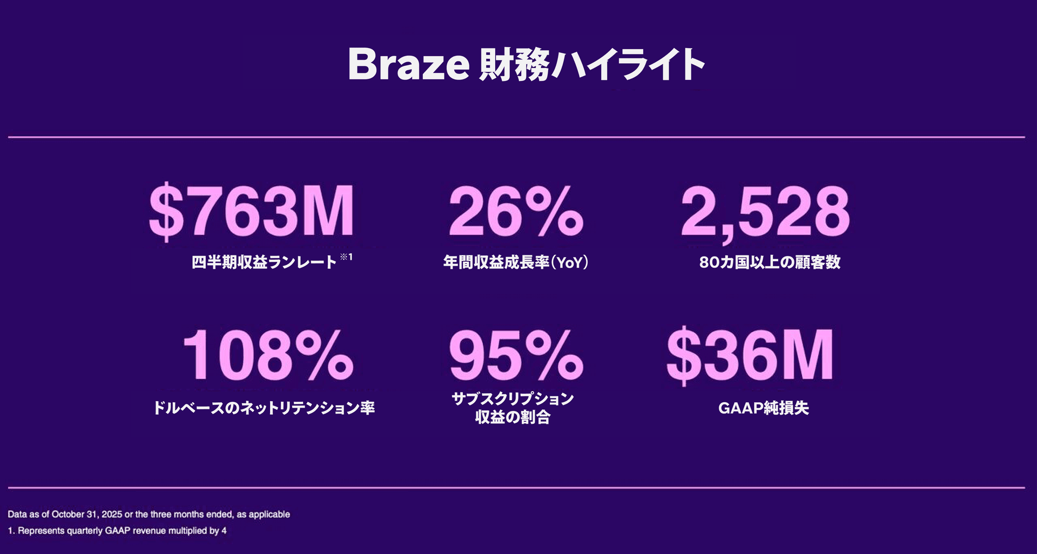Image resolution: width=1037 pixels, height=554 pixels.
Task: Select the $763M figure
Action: click(x=252, y=212)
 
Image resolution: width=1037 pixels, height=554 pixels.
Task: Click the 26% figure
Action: click(x=516, y=212)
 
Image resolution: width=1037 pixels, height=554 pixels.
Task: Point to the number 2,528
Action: click(x=765, y=212)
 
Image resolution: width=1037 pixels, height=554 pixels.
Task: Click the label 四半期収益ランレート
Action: click(x=264, y=262)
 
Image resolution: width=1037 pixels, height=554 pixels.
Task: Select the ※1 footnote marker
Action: click(x=346, y=257)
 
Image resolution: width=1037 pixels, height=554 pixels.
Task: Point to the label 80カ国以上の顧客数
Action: click(x=770, y=262)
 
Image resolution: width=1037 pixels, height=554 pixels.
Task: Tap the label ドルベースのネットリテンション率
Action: click(x=264, y=408)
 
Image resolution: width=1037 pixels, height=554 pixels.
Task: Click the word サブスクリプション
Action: click(x=513, y=399)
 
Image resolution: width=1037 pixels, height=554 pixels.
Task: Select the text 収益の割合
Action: click(x=513, y=417)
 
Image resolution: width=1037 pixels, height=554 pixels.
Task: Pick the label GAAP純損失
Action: click(x=763, y=408)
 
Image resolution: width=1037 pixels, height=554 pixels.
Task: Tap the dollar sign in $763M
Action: click(x=166, y=212)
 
